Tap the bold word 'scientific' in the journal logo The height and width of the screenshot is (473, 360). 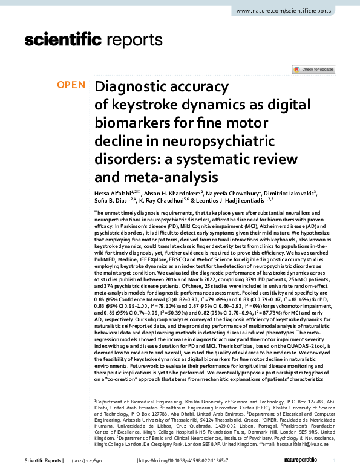(x=62, y=40)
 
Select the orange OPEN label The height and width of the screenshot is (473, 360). (x=71, y=85)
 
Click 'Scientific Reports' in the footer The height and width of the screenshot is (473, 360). (x=42, y=462)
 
